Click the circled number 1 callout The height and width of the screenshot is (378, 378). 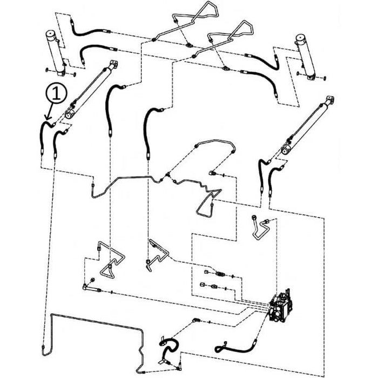(x=56, y=93)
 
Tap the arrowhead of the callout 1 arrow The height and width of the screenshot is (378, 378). (x=48, y=118)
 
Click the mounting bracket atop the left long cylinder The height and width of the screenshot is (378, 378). (x=113, y=64)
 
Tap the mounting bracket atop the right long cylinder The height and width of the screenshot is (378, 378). (x=329, y=100)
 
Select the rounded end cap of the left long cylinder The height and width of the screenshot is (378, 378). (x=70, y=114)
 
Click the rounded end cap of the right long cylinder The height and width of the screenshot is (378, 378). (x=286, y=150)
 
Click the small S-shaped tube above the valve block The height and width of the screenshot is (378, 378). (x=260, y=228)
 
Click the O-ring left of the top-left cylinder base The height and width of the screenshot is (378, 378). (x=47, y=70)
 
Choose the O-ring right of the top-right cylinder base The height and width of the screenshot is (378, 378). (x=325, y=78)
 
